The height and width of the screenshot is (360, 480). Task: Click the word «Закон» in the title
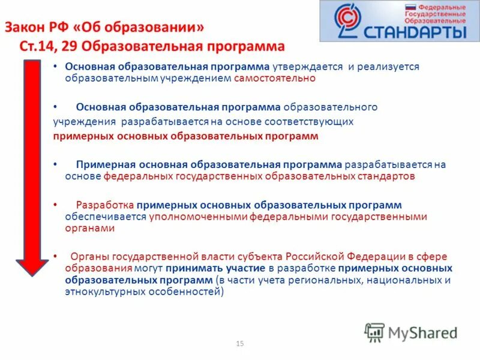(x=26, y=28)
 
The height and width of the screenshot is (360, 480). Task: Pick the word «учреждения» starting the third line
(x=84, y=122)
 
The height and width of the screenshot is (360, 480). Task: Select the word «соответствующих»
(x=315, y=122)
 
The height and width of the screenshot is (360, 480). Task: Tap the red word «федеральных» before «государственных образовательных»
(x=137, y=176)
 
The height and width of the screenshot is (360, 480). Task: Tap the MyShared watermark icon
(x=375, y=332)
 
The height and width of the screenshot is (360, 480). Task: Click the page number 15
(x=240, y=344)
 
